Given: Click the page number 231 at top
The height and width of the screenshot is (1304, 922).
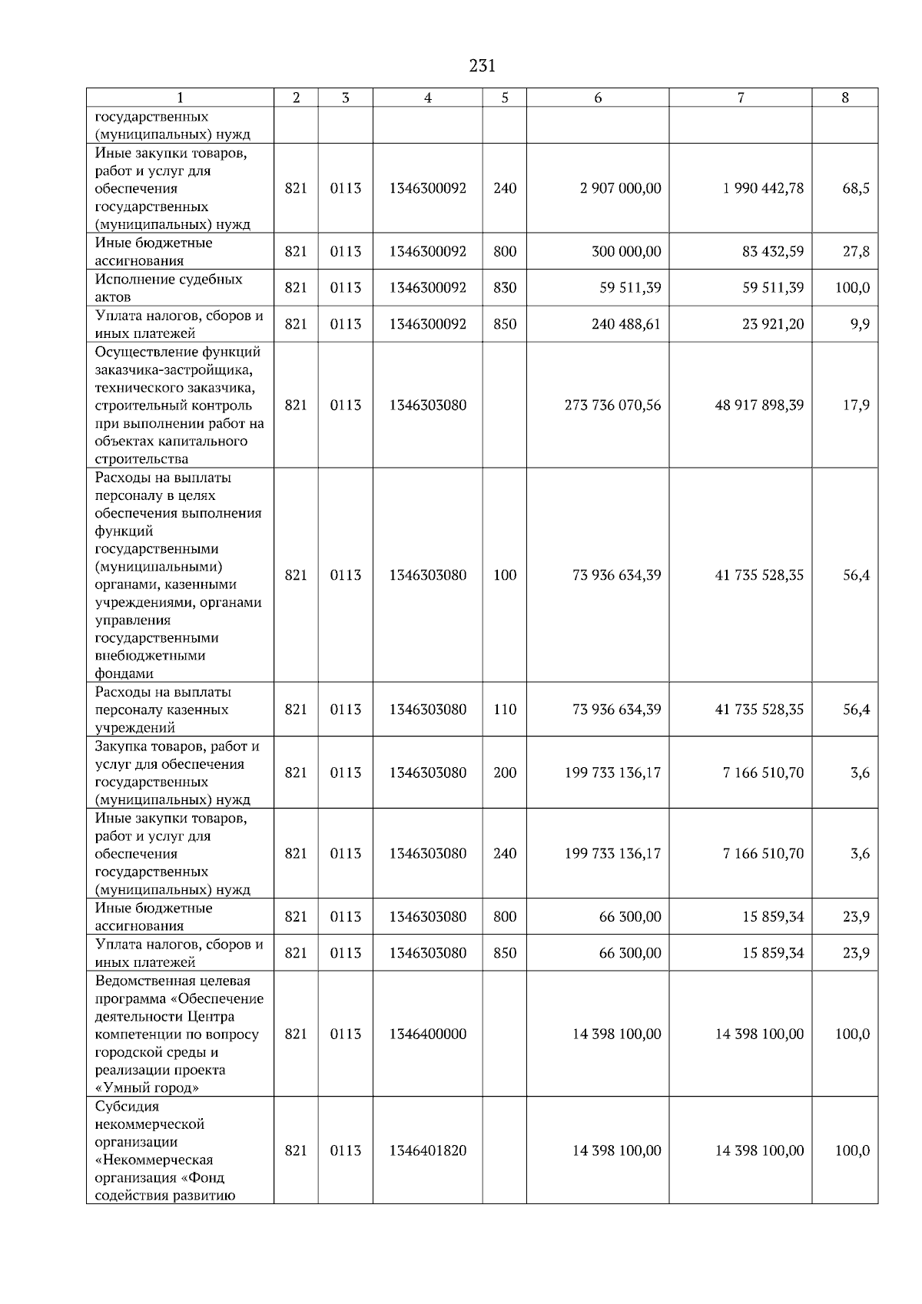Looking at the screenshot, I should click(482, 66).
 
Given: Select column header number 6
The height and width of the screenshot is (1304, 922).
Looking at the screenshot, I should click(598, 98).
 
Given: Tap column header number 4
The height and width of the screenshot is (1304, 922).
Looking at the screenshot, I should click(428, 98).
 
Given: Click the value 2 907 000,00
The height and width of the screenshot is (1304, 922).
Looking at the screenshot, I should click(620, 188).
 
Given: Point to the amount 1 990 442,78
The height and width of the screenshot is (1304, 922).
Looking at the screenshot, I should click(763, 188).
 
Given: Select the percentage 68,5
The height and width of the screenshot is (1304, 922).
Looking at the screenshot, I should click(855, 188).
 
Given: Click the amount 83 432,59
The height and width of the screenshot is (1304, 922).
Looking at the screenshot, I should click(773, 252).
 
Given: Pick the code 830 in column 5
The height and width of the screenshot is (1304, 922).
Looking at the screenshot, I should click(505, 288).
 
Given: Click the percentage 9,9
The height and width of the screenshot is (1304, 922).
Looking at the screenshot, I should click(860, 324).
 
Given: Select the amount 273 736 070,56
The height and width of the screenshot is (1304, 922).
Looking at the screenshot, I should click(612, 405).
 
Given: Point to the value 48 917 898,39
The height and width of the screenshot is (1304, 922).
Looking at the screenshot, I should click(759, 405).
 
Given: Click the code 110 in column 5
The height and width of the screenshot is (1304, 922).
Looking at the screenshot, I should click(505, 710).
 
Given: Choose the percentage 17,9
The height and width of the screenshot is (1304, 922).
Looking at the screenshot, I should click(855, 405).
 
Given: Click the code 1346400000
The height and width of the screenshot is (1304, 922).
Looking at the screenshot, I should click(428, 1034).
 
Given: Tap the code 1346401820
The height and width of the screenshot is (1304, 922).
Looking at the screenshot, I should click(428, 1150).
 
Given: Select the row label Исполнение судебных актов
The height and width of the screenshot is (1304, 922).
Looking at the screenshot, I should click(168, 288).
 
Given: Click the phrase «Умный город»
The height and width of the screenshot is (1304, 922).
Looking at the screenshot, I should click(147, 1088).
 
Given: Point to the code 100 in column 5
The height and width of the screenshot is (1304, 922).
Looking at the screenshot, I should click(505, 575).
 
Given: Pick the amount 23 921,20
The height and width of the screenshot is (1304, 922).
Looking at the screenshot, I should click(773, 324).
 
